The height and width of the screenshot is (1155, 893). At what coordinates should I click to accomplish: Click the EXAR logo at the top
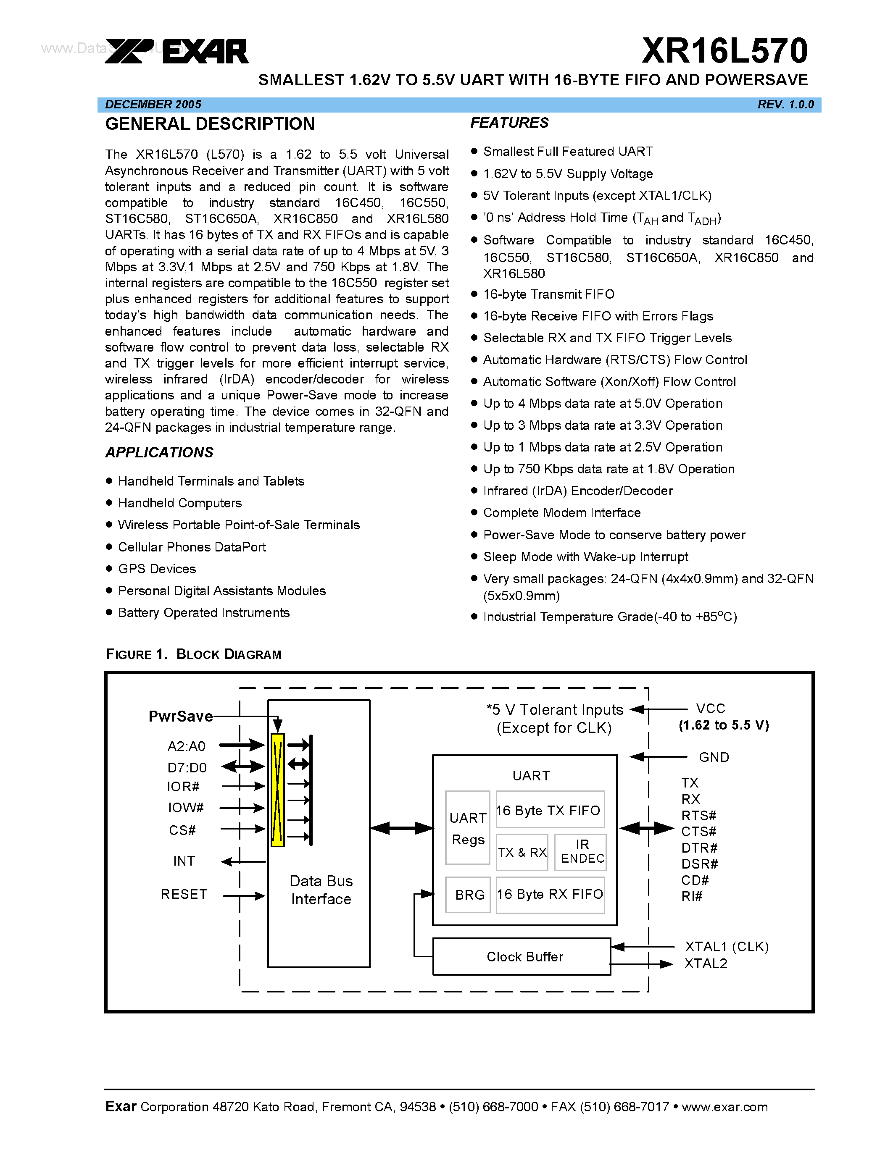tap(176, 51)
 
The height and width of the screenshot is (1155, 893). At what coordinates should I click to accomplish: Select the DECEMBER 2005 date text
tap(153, 105)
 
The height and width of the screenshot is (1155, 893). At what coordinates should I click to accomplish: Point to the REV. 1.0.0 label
tap(785, 105)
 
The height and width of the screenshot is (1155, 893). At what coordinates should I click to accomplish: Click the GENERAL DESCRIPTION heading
tap(210, 124)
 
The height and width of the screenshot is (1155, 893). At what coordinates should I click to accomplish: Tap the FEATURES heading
tap(509, 123)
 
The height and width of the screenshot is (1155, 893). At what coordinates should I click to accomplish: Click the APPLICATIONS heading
tap(159, 452)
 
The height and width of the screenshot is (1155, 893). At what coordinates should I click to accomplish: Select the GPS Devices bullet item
tap(157, 569)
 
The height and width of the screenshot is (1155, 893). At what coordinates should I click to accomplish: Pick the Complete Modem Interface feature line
tap(561, 513)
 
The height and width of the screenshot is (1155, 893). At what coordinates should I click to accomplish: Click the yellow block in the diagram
tap(278, 790)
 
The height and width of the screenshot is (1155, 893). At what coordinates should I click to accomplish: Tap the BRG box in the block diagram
tap(469, 895)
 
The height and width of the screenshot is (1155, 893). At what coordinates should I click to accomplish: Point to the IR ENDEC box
tap(582, 852)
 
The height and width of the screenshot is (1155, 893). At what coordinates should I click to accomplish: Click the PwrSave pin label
tap(180, 717)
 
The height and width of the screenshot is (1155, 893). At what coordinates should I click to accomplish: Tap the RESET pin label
tap(184, 894)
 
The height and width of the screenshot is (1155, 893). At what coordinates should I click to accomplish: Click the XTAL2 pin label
tap(705, 963)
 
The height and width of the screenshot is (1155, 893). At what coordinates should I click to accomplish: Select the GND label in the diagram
tap(714, 757)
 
